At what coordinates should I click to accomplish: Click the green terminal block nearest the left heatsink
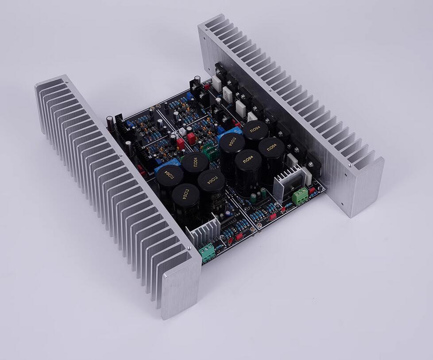(x=207, y=251)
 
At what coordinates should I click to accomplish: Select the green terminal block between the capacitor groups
(x=212, y=153)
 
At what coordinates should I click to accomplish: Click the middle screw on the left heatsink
(x=120, y=155)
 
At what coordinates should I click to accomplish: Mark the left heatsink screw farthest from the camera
(x=66, y=82)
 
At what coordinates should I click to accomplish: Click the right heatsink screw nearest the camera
(x=350, y=165)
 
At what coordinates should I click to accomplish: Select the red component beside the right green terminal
(x=312, y=190)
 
